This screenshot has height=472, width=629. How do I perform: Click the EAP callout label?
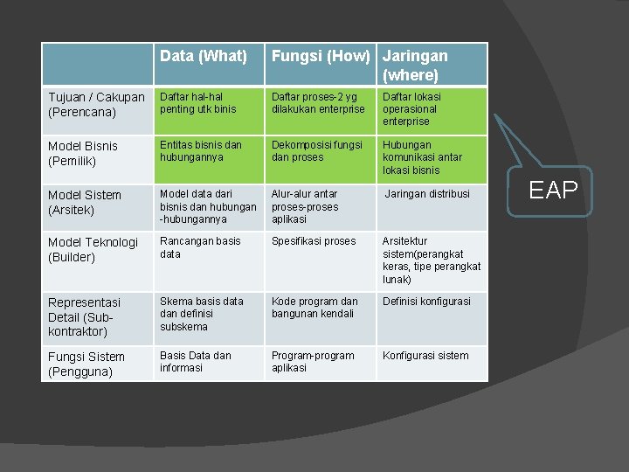pyautogui.click(x=554, y=190)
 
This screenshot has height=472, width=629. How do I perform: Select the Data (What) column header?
pyautogui.click(x=204, y=57)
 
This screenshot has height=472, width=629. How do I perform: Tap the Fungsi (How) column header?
pyautogui.click(x=321, y=57)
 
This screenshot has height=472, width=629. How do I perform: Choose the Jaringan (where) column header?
pyautogui.click(x=416, y=66)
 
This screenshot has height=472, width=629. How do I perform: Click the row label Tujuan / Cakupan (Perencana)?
pyautogui.click(x=96, y=104)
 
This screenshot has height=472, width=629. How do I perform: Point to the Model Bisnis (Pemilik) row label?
pyautogui.click(x=83, y=153)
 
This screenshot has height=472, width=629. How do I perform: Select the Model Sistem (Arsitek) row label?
pyautogui.click(x=85, y=202)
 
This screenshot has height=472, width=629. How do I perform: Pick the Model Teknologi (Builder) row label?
pyautogui.click(x=93, y=249)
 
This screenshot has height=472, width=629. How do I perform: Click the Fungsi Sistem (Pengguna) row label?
pyautogui.click(x=86, y=364)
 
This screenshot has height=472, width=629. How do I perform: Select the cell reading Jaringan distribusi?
pyautogui.click(x=427, y=194)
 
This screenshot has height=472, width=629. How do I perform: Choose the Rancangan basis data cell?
pyautogui.click(x=200, y=247)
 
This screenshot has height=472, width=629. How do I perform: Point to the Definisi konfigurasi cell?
pyautogui.click(x=426, y=302)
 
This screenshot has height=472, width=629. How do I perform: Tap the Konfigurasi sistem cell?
pyautogui.click(x=425, y=356)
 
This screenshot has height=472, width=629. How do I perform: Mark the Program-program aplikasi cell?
pyautogui.click(x=313, y=362)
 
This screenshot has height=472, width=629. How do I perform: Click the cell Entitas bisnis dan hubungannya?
pyautogui.click(x=201, y=151)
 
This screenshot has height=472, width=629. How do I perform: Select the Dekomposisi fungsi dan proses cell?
pyautogui.click(x=316, y=151)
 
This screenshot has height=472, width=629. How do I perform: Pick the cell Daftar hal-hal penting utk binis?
pyautogui.click(x=198, y=103)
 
